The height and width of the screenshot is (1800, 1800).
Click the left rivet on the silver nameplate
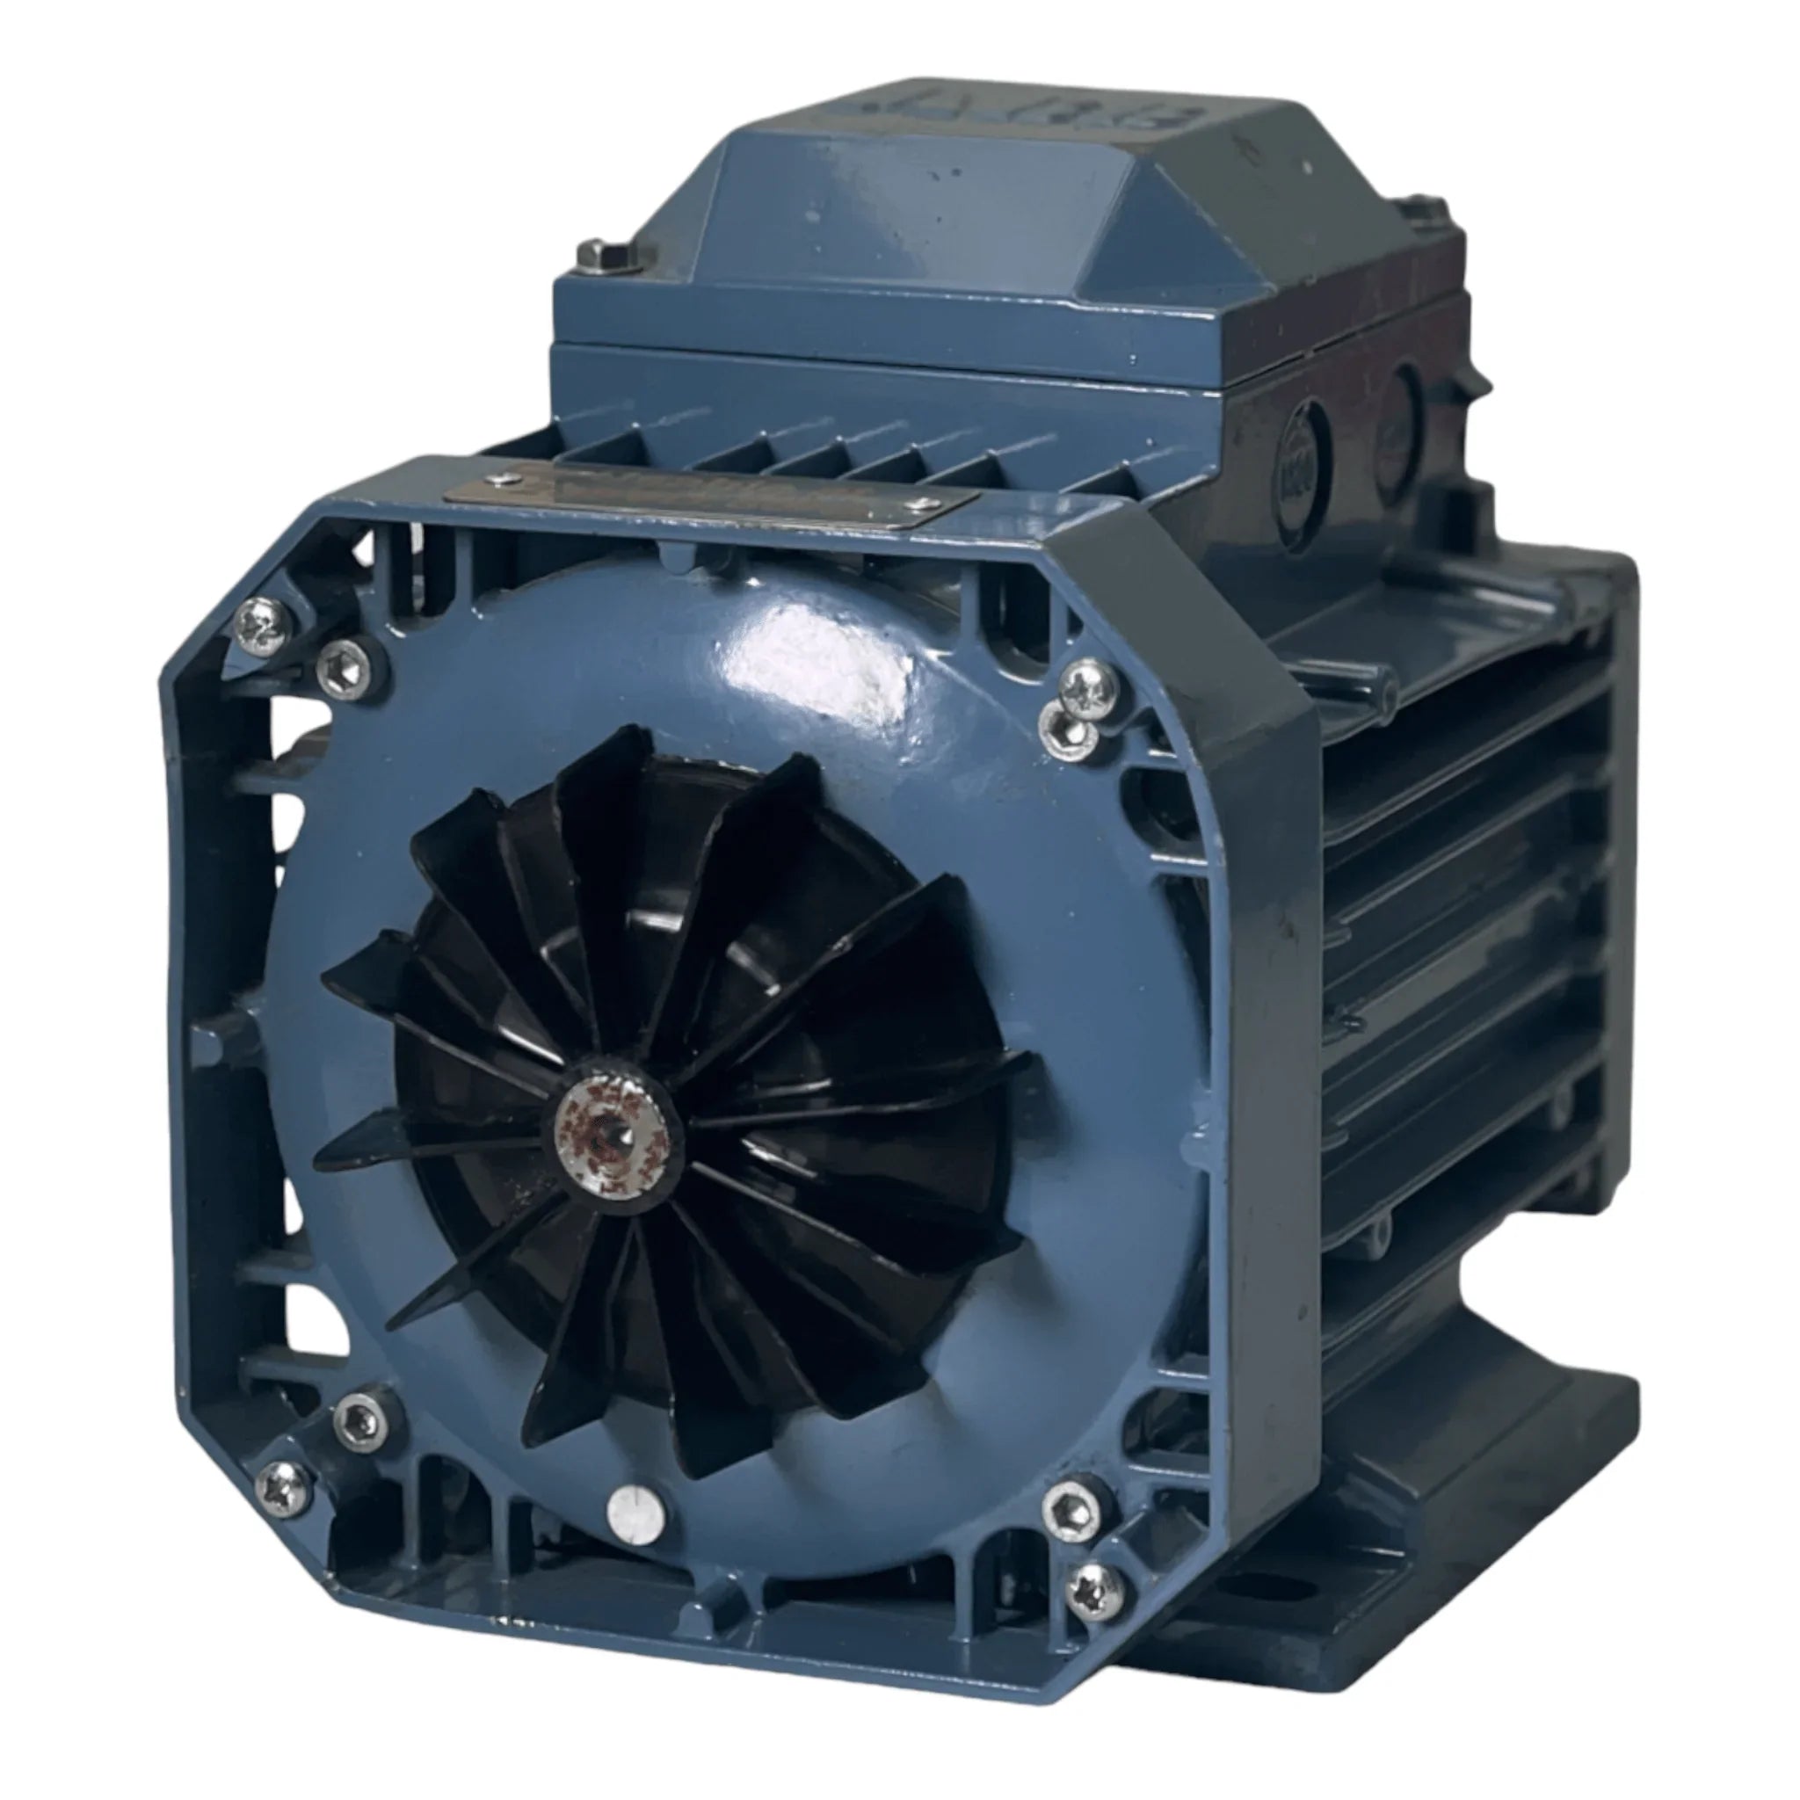tap(506, 479)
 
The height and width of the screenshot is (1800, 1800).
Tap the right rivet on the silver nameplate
tap(921, 504)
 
